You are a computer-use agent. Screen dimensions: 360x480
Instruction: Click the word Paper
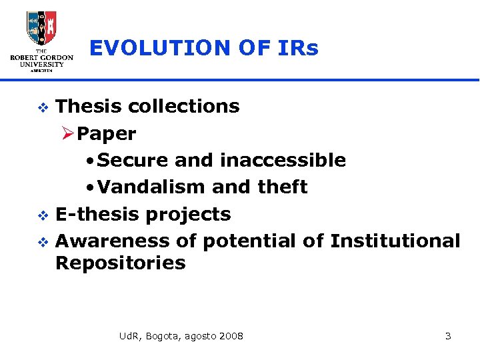(107, 133)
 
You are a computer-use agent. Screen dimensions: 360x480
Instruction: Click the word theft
(282, 187)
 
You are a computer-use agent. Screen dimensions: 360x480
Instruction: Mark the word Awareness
(110, 241)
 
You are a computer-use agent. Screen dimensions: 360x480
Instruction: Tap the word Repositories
(120, 263)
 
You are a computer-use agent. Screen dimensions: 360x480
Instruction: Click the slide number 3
(448, 336)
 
